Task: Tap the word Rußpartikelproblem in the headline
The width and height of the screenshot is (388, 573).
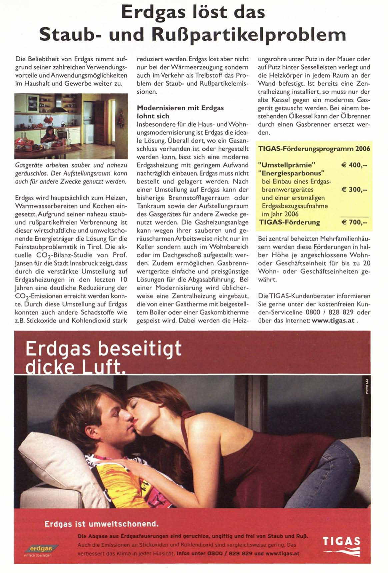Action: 254,35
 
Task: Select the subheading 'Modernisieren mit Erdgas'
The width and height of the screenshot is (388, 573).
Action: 180,108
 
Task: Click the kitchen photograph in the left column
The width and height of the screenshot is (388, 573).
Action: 71,126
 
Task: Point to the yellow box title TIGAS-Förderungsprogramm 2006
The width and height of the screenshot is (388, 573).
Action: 314,149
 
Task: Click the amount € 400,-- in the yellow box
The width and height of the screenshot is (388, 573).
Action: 354,165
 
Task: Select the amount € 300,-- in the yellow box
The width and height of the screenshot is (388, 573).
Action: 354,190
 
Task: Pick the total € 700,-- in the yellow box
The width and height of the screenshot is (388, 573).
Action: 354,222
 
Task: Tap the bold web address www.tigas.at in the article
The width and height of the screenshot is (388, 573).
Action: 333,321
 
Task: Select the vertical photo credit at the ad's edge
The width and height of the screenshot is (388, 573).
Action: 366,387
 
